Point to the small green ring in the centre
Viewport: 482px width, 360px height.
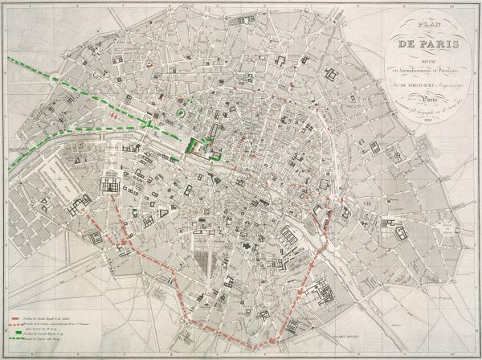182,116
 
